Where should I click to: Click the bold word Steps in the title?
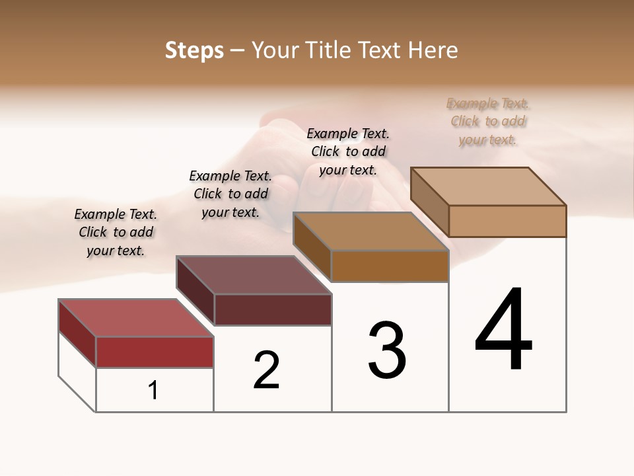[194, 50]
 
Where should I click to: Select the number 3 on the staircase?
[387, 350]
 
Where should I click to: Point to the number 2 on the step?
[266, 370]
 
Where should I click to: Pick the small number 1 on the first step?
[153, 390]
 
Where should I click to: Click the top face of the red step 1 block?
[136, 318]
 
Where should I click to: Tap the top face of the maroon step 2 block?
[254, 275]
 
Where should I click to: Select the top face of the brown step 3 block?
[370, 231]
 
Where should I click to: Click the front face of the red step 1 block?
[155, 352]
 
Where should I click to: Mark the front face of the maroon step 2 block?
[273, 309]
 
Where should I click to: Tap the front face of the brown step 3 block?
[390, 266]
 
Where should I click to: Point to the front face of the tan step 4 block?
[507, 221]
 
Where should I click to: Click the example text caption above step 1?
[116, 232]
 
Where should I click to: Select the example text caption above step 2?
[230, 194]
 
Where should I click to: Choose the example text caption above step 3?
[348, 151]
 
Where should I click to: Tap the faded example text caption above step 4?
[488, 121]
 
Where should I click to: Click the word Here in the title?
[433, 50]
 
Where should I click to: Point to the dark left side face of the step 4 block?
[429, 201]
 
